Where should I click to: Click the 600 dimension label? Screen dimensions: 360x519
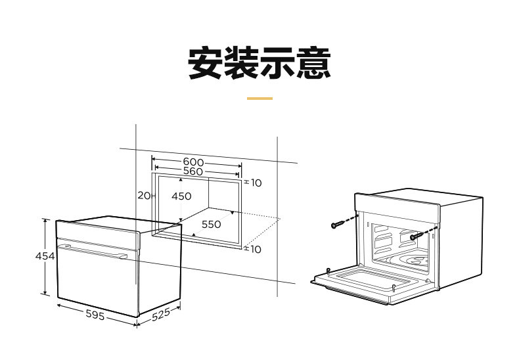(x=192, y=162)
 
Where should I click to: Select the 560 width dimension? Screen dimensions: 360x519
(x=192, y=171)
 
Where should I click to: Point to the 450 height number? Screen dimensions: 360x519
(x=181, y=196)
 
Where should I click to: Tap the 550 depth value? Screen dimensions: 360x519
(x=211, y=224)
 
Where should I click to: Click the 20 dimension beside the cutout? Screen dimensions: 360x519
(x=144, y=195)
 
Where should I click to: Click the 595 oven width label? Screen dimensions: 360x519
(x=95, y=315)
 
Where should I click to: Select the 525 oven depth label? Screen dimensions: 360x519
(x=160, y=315)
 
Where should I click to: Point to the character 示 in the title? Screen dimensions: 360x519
(x=278, y=63)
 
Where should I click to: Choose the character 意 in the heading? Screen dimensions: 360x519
(x=313, y=63)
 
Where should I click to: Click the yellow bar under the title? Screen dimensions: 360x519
(x=259, y=99)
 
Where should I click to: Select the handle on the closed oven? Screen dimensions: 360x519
(x=92, y=250)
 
